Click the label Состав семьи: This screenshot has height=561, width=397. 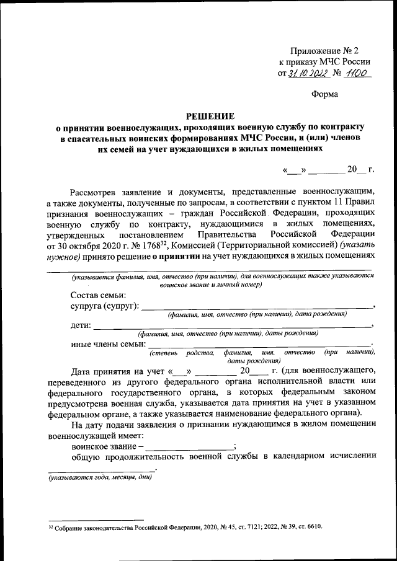99,294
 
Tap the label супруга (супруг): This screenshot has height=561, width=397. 105,306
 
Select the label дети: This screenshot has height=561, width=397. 81,325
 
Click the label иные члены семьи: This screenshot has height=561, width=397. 109,345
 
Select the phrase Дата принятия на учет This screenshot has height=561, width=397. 118,373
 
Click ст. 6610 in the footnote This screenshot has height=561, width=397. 310,527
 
